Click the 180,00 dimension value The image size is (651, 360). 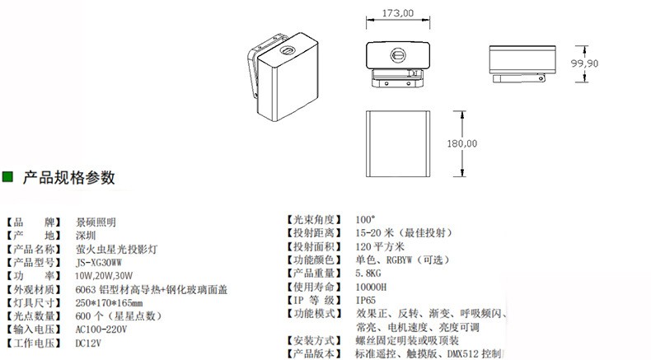coord(462,143)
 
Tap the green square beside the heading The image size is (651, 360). coord(9,177)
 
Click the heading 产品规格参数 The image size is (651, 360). coord(68,177)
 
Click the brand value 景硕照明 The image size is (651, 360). coord(96,222)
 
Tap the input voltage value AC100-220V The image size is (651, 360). coord(103,329)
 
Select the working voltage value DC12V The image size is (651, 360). coord(88,343)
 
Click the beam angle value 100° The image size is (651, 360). coord(365,220)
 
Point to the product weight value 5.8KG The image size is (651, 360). coord(368,273)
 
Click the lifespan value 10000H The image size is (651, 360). coord(372,286)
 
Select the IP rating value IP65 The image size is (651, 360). coord(366,299)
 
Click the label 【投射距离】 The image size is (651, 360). coord(312,233)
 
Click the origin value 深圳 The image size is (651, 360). coord(86,235)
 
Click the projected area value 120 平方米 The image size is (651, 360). coord(381,246)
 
